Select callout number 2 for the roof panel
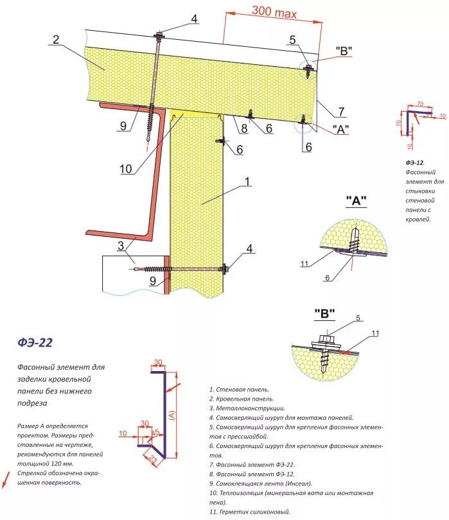tap(56, 40)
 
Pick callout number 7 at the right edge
tap(342, 112)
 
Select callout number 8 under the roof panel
tap(244, 128)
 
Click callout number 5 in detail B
tap(358, 317)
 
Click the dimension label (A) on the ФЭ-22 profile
tap(172, 415)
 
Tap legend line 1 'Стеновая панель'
tap(238, 390)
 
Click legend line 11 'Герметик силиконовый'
tap(249, 512)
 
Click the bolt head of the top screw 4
tap(158, 33)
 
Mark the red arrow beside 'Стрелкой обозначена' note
tap(7, 478)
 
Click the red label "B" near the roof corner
tap(344, 51)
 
